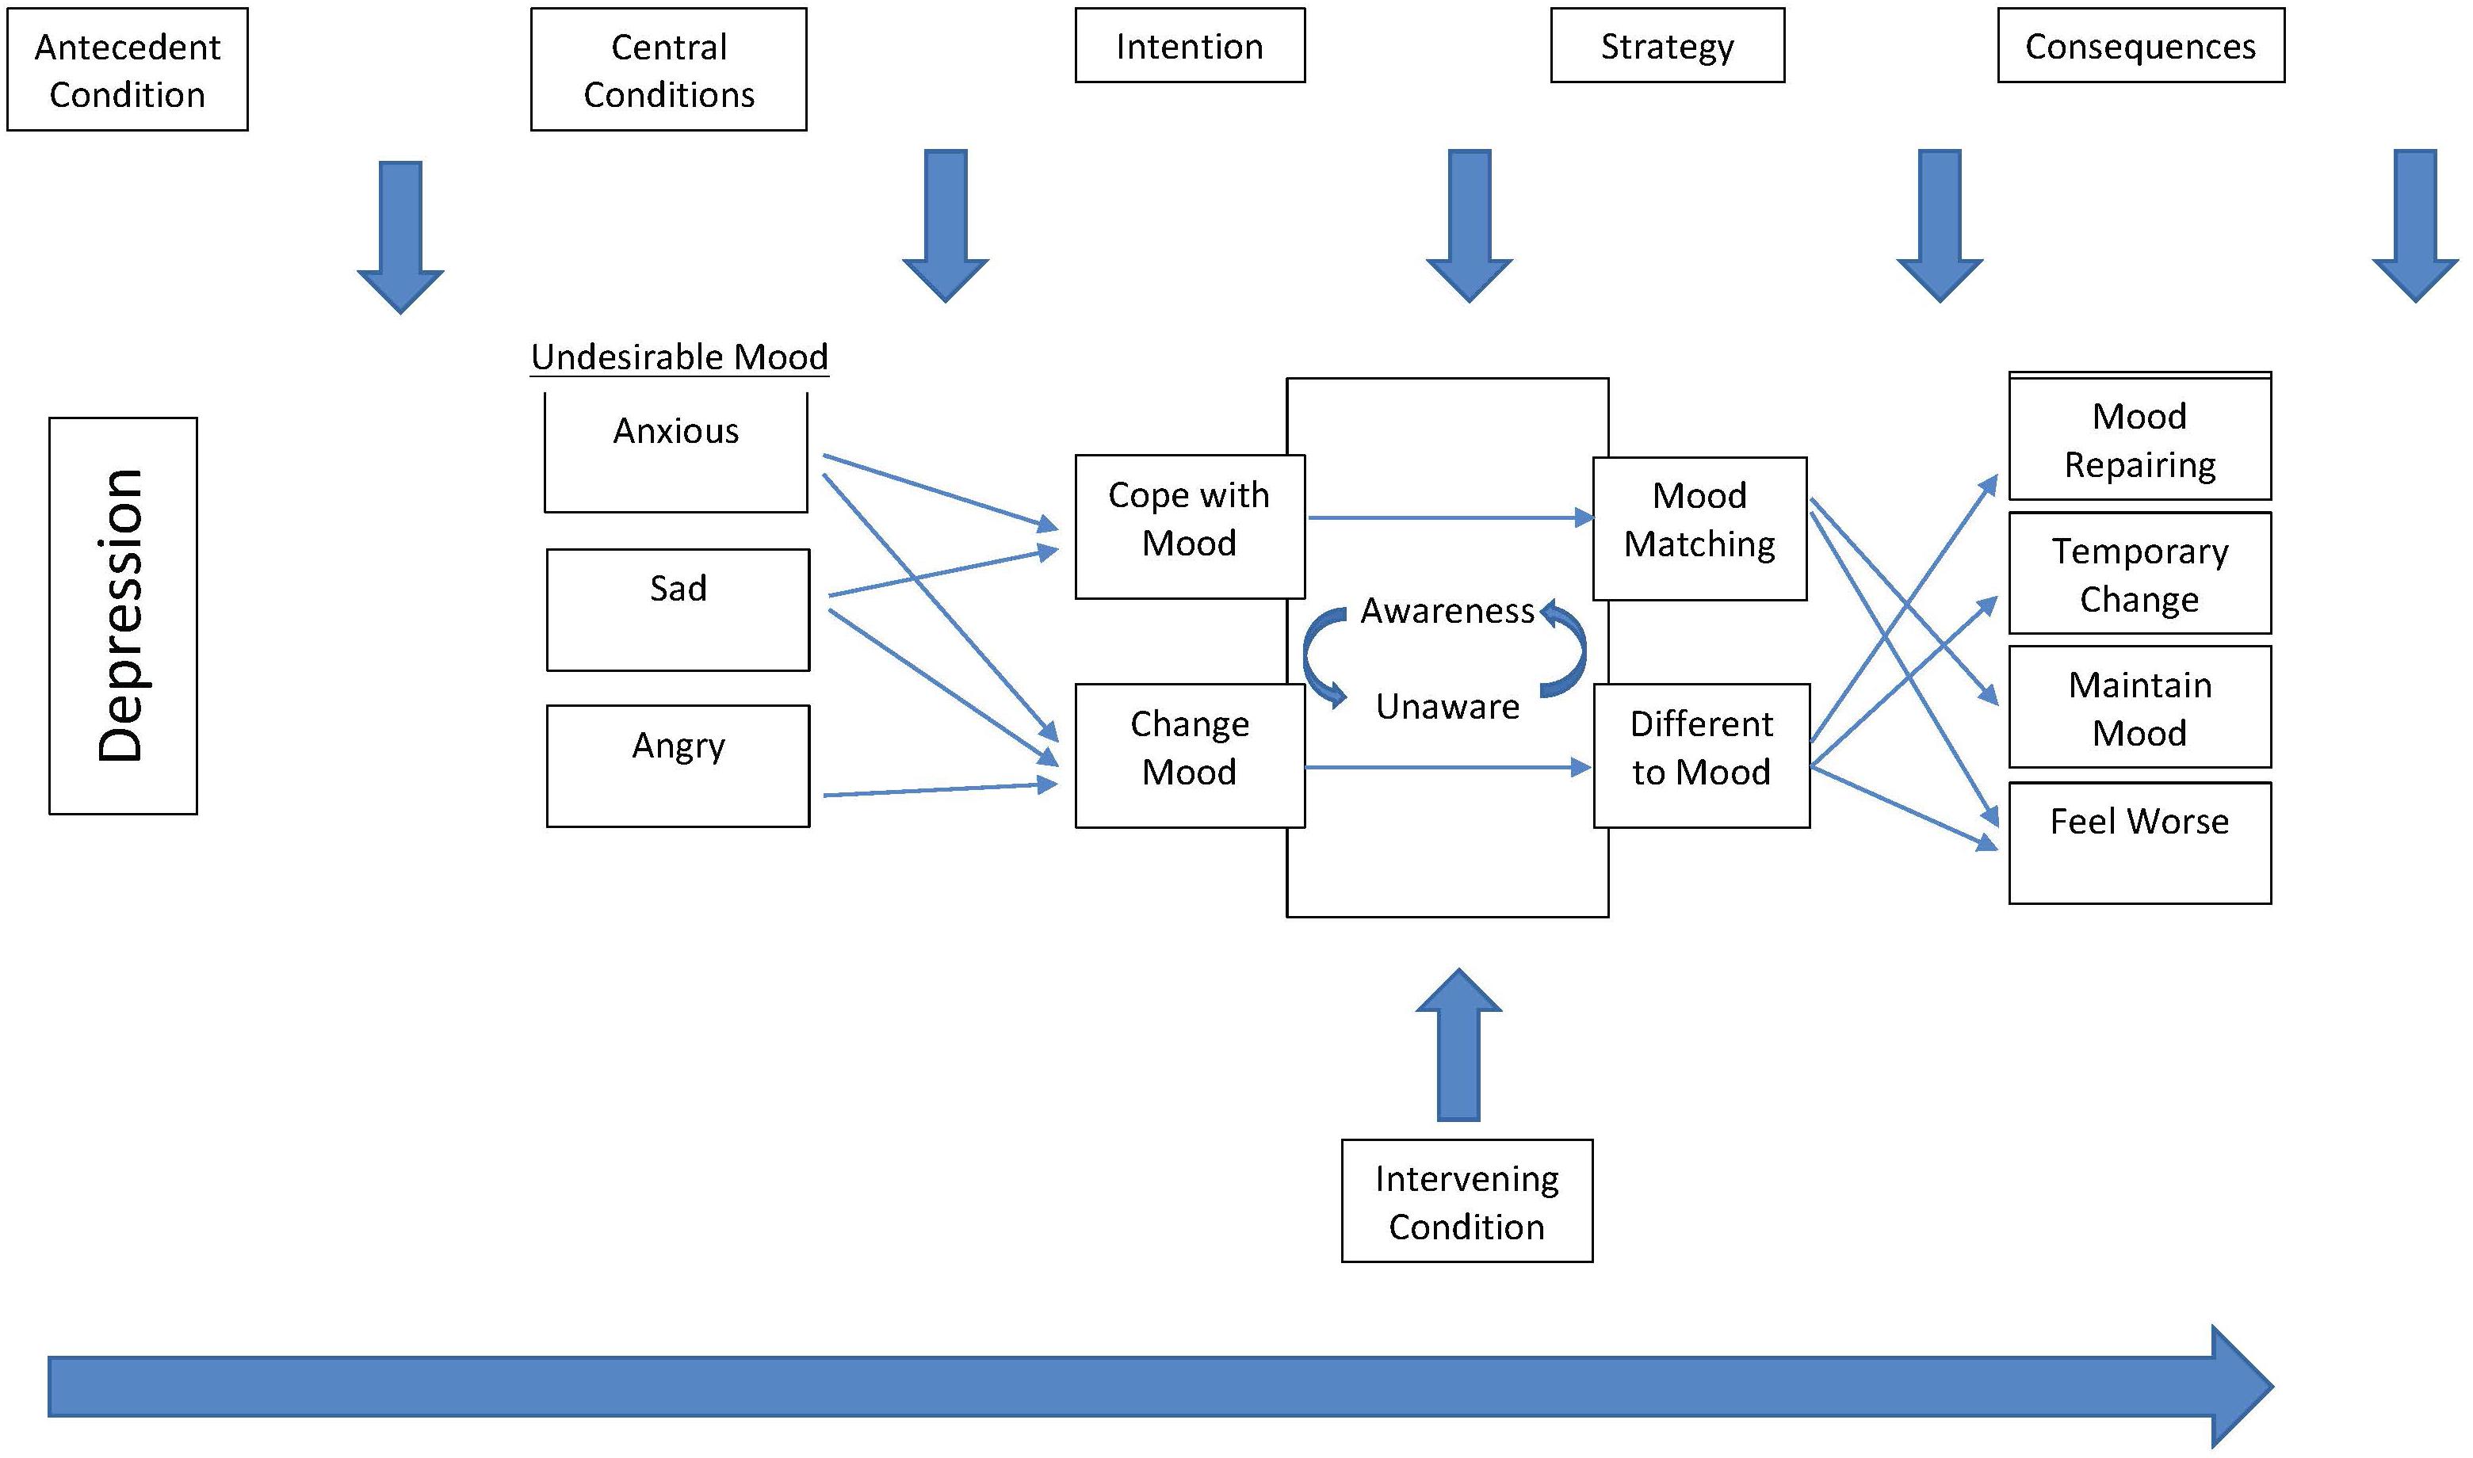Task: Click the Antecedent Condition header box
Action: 128,70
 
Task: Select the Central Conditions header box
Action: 669,70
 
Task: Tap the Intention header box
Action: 1190,45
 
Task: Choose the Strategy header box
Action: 1668,45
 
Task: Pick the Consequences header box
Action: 2141,45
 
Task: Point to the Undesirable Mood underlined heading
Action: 680,357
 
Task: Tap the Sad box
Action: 678,610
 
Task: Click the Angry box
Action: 678,766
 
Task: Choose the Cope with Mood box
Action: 1190,527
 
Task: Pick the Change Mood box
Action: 1190,755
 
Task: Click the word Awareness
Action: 1447,611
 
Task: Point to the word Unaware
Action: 1447,706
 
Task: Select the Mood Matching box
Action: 1699,529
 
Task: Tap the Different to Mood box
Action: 1702,755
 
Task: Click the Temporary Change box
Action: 2140,573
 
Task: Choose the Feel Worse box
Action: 2140,843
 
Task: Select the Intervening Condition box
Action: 1467,1200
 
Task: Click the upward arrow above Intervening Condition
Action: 1459,1044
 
